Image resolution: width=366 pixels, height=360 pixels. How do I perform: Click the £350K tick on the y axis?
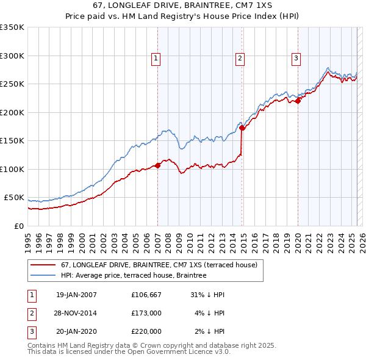click(12, 27)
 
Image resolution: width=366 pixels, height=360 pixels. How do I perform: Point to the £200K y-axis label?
click(12, 112)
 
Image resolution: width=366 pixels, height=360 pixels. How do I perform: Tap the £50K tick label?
click(15, 198)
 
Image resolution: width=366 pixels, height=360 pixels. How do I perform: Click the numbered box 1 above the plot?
click(157, 59)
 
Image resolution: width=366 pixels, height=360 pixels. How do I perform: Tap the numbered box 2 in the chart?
click(240, 59)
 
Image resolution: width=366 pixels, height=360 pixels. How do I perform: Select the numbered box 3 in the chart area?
click(296, 59)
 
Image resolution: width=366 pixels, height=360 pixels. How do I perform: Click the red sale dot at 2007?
click(157, 165)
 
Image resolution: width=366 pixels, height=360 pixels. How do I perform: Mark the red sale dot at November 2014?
click(242, 128)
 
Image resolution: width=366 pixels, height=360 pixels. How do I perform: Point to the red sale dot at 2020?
click(298, 101)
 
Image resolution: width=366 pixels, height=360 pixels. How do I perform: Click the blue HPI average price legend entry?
click(134, 276)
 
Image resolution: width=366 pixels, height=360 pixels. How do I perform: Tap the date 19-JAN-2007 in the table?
click(76, 295)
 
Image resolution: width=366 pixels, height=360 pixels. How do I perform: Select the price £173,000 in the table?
click(146, 313)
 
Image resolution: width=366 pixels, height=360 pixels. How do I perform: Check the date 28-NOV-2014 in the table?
click(76, 313)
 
